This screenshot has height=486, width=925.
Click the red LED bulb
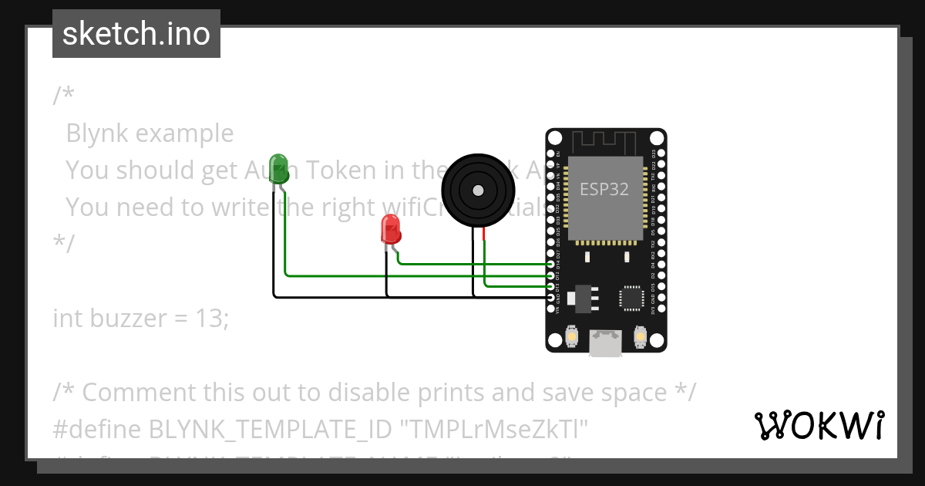(392, 230)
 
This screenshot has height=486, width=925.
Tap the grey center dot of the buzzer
(478, 189)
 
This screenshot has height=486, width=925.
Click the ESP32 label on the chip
(604, 189)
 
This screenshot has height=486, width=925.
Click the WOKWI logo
(819, 425)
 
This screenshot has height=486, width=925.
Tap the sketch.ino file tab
(136, 34)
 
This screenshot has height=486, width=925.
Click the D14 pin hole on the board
(550, 264)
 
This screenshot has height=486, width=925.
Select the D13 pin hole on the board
(550, 286)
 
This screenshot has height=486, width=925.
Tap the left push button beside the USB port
(572, 336)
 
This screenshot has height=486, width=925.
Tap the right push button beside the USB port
(640, 336)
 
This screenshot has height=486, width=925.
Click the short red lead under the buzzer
(484, 235)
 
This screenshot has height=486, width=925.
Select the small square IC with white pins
(631, 298)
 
